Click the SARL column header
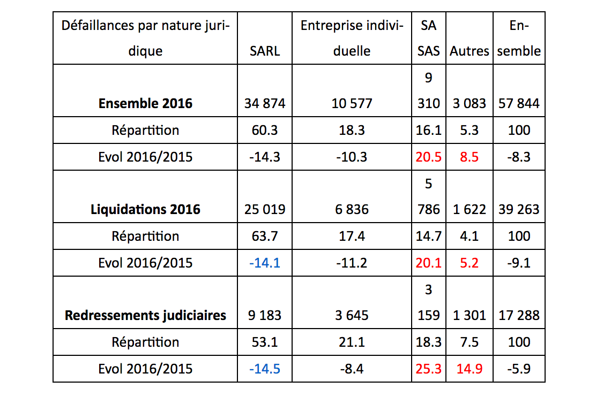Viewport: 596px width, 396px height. click(265, 51)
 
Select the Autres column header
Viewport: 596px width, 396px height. click(470, 51)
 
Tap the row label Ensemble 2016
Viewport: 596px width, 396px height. click(145, 103)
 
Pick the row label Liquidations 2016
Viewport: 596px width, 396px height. click(145, 209)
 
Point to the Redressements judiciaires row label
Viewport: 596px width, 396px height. click(145, 315)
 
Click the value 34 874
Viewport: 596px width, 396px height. click(265, 103)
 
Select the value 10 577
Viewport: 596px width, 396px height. click(352, 103)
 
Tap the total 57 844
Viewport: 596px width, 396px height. click(519, 103)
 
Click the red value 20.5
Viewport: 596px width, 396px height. click(428, 157)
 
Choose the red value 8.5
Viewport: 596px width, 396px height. click(470, 157)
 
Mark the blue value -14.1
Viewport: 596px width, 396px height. click(265, 263)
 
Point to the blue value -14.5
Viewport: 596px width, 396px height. click(265, 369)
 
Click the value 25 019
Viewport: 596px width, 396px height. click(265, 209)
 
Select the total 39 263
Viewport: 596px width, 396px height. click(519, 209)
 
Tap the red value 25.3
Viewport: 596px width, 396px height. click(428, 369)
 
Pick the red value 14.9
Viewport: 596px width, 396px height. click(470, 369)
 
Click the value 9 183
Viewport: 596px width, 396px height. click(265, 315)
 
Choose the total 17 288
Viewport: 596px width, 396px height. click(519, 315)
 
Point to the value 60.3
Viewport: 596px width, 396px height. click(265, 130)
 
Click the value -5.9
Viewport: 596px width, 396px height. click(519, 369)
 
